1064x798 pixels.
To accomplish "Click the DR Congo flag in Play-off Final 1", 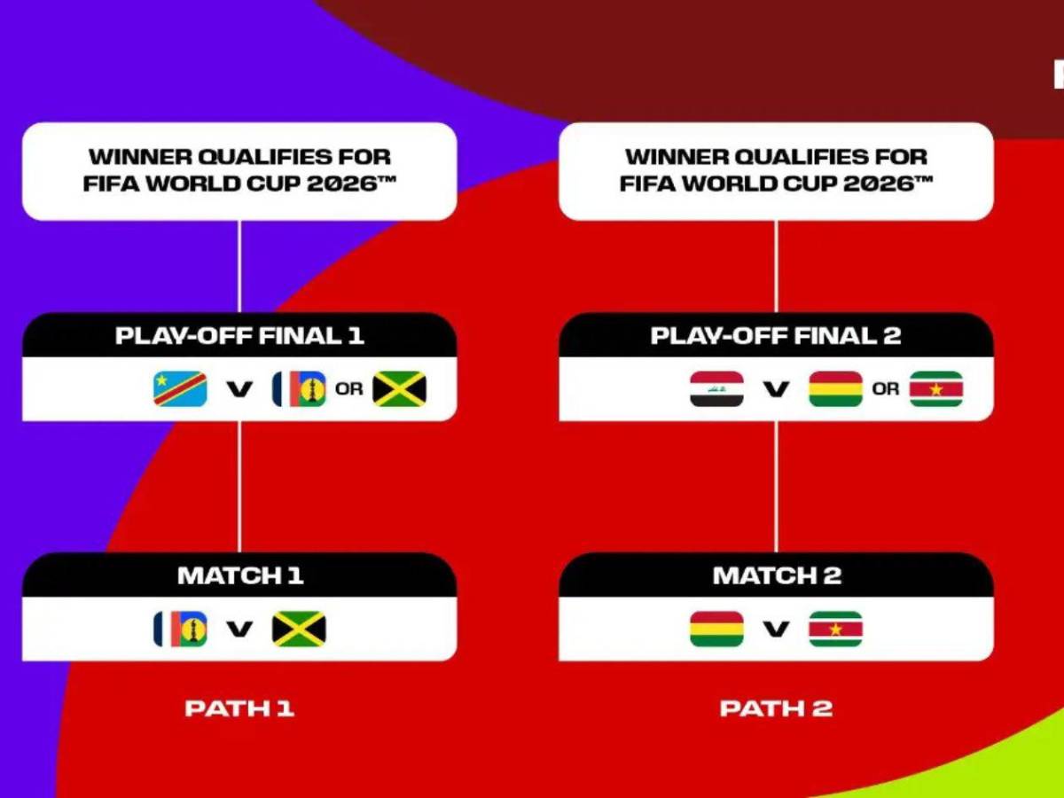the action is click(x=180, y=388).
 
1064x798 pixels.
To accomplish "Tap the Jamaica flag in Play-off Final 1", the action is click(x=399, y=388).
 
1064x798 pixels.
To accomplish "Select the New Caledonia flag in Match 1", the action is click(x=180, y=629).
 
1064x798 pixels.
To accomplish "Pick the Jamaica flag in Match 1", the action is click(x=299, y=629).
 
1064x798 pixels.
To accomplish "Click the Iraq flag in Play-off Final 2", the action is click(x=717, y=388).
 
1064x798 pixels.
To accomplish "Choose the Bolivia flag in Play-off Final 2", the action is click(x=836, y=388).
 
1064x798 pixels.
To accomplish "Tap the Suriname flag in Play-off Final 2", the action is click(x=936, y=388).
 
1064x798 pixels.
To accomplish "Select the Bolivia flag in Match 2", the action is click(x=717, y=629).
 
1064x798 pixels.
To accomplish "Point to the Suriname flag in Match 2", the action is click(x=836, y=629).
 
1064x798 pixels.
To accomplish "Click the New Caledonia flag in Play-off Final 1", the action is click(x=299, y=388).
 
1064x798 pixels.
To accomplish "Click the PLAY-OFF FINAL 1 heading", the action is click(x=239, y=336).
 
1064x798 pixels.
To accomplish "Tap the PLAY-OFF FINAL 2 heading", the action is click(x=776, y=336).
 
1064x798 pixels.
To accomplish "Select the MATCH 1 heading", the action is click(x=240, y=575).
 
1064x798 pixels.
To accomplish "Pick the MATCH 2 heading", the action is click(x=777, y=575).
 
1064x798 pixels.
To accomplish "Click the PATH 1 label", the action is click(x=239, y=708).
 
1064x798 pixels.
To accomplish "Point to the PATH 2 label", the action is click(x=776, y=708).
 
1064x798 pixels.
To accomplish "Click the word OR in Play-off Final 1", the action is click(x=349, y=388).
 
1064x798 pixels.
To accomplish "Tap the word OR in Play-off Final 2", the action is click(x=886, y=388).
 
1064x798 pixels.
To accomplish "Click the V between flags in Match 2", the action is click(x=777, y=629).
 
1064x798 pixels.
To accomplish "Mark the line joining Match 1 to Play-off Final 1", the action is click(x=239, y=487).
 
